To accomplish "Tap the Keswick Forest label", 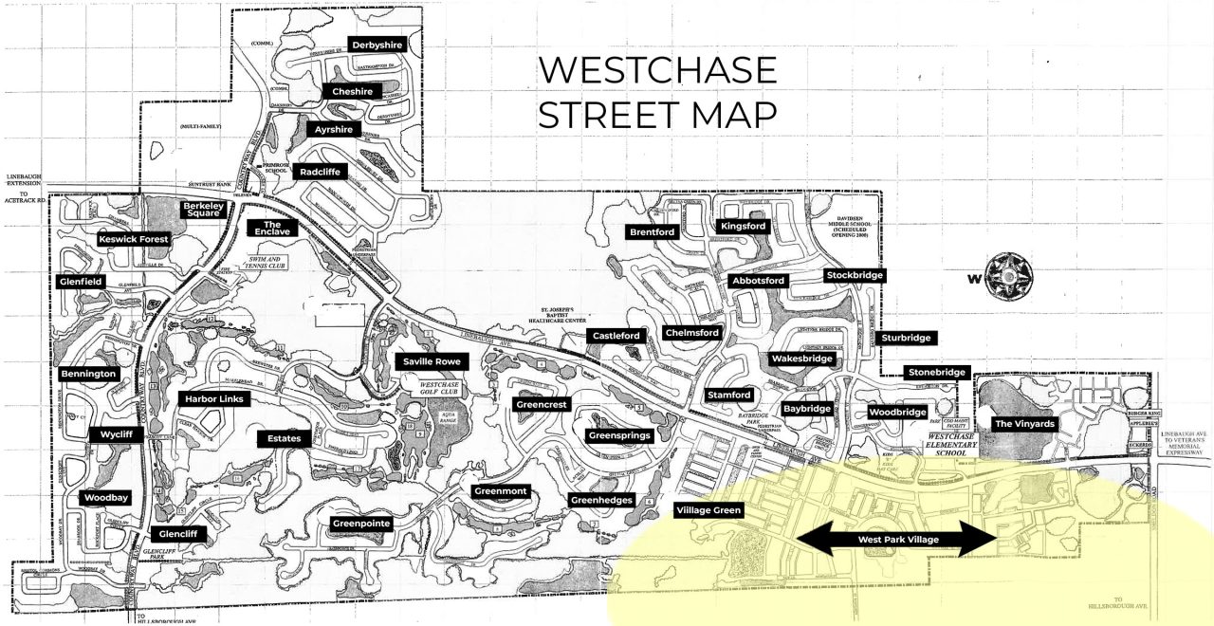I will (x=133, y=240).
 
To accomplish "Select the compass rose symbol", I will (x=1009, y=277).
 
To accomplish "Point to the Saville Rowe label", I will (x=432, y=361).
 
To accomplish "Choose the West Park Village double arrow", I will (x=896, y=539).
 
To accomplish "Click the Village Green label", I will (x=708, y=510).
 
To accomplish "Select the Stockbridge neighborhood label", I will (x=855, y=276).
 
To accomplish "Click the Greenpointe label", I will (x=361, y=524).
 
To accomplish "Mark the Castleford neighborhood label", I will (x=617, y=336).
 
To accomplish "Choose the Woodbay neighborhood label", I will (x=106, y=498).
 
